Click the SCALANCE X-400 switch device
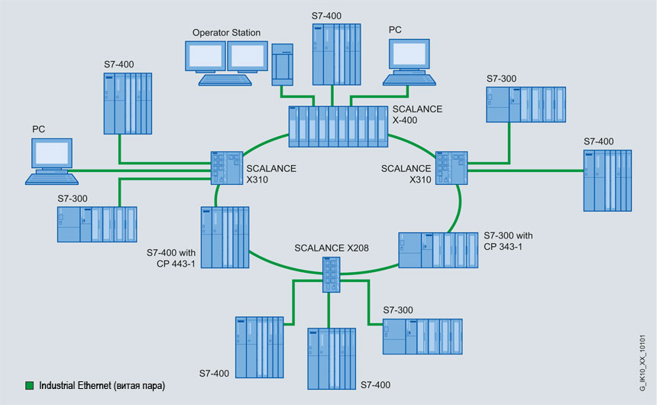338,126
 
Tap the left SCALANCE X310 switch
225,167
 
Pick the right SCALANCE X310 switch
451,167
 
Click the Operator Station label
226,33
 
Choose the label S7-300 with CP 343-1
513,240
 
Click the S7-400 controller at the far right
607,180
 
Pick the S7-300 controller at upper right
526,105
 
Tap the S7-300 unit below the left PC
97,225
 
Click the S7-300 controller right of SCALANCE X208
421,336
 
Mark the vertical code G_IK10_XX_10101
642,363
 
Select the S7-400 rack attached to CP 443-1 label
225,236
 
